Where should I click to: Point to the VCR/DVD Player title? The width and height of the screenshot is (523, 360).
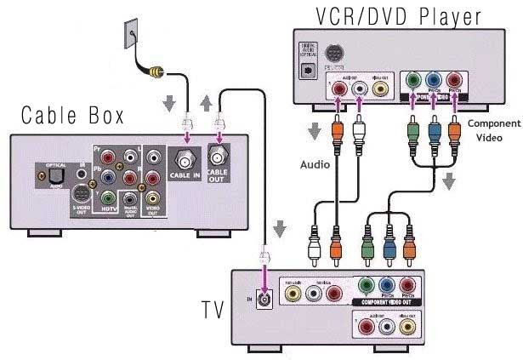[397, 15]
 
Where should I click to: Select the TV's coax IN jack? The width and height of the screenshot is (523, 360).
[266, 299]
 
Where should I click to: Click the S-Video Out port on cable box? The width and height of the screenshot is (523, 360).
[81, 191]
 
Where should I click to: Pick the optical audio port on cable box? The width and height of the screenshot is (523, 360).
[43, 178]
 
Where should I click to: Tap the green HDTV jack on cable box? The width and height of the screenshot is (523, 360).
[107, 198]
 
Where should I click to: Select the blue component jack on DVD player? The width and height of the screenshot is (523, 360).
[435, 85]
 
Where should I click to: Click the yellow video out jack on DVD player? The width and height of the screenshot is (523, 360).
[382, 86]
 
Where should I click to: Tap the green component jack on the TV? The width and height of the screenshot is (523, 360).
[367, 287]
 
